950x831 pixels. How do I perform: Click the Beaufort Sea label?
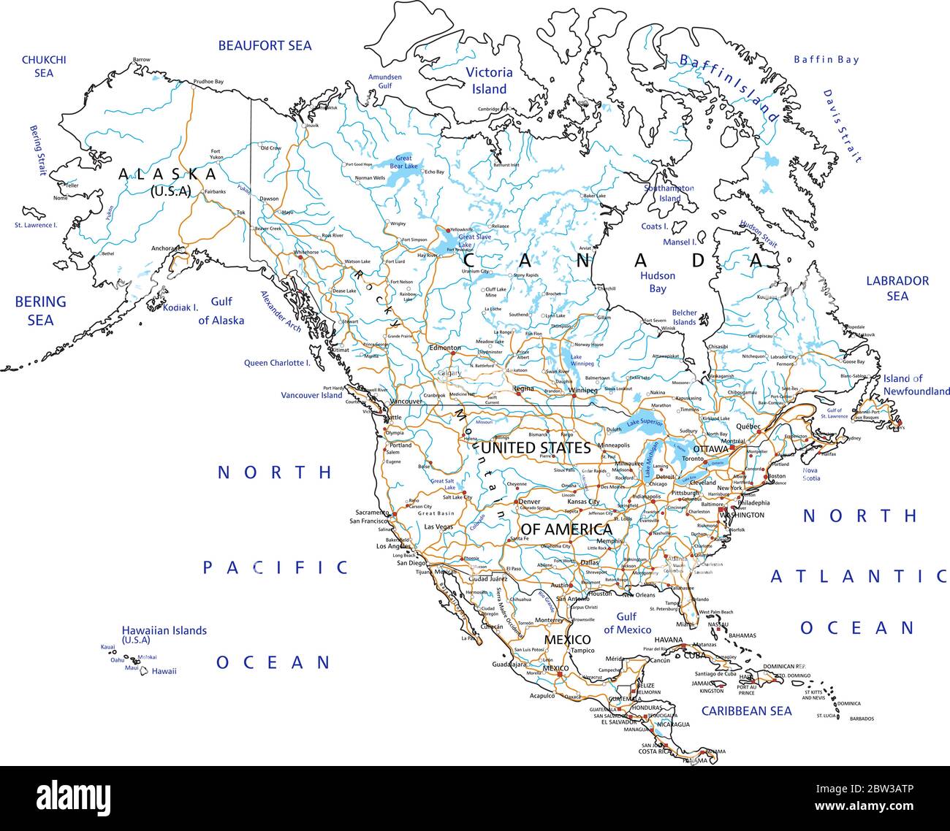tap(265, 45)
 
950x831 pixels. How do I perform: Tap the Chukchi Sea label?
tap(44, 66)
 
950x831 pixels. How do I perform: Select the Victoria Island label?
tap(489, 80)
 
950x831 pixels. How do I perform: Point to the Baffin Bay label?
tap(826, 60)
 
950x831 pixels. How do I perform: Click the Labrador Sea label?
tap(897, 288)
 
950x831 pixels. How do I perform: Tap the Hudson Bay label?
tap(658, 282)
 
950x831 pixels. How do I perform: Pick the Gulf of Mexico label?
tap(627, 623)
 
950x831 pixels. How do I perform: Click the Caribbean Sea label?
tap(746, 711)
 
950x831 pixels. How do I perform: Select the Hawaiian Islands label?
tap(164, 634)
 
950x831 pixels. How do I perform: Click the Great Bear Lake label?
tap(403, 162)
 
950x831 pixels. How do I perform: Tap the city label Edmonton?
tap(445, 348)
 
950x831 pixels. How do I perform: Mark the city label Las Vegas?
tap(438, 526)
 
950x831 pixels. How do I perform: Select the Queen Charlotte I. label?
tap(277, 363)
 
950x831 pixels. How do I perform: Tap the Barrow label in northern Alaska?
tap(141, 59)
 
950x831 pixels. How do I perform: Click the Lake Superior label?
tap(644, 422)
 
